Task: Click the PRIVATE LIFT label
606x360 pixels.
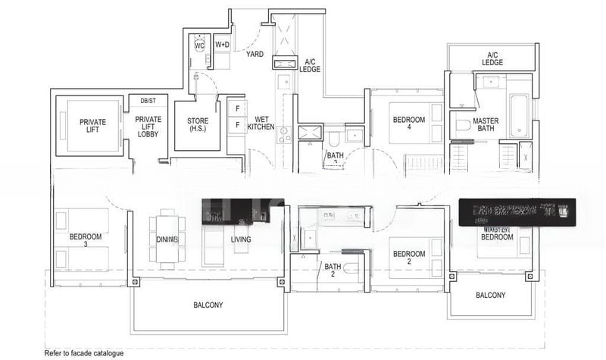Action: click(92, 126)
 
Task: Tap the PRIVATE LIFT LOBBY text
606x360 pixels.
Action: click(148, 127)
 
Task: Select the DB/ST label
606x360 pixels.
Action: click(148, 100)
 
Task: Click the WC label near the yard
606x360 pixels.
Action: click(199, 45)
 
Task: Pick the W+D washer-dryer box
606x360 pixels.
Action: click(223, 45)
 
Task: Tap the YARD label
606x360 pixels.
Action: click(254, 54)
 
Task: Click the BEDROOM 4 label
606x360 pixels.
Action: click(408, 124)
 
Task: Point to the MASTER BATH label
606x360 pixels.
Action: click(486, 125)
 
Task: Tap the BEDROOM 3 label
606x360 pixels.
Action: click(85, 240)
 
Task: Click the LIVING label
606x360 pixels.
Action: click(241, 239)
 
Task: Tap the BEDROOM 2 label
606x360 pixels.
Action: click(408, 258)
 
